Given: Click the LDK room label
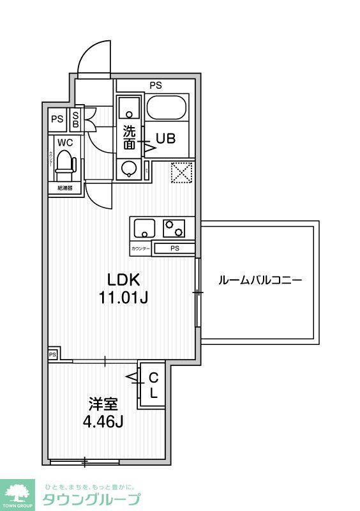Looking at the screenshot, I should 123,279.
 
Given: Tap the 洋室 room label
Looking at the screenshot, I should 103,404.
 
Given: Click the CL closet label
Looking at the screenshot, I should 153,386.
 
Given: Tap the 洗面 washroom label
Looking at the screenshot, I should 129,138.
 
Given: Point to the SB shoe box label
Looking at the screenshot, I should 76,119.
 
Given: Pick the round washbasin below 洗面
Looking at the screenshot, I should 130,169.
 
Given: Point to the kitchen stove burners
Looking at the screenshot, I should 174,227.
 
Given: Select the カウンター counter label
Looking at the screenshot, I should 140,248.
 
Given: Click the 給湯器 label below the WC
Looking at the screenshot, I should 64,188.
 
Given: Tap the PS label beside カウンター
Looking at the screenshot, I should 174,248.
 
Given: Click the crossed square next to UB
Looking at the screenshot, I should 183,171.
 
